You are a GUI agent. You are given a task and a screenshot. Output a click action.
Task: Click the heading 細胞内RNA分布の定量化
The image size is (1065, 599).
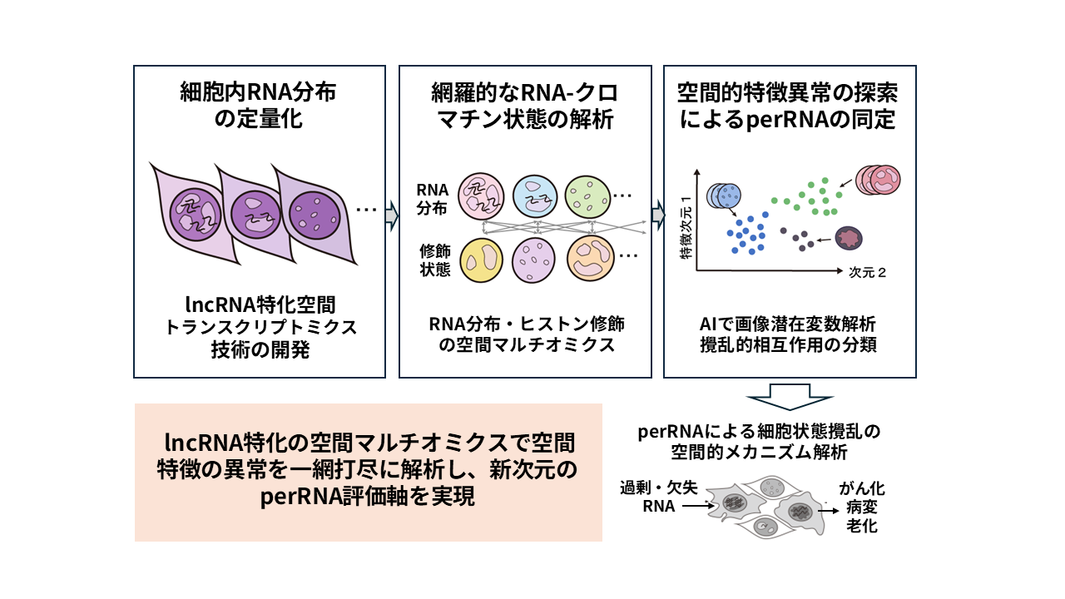click(259, 105)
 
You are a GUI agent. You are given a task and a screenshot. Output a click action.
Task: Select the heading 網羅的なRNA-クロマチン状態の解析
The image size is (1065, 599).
click(524, 105)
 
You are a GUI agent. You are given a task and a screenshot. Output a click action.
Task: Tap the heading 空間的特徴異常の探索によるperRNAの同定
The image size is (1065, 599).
click(788, 105)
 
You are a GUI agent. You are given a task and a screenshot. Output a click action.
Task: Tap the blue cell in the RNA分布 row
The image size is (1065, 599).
click(534, 197)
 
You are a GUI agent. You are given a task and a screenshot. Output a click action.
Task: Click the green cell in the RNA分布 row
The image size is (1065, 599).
click(587, 197)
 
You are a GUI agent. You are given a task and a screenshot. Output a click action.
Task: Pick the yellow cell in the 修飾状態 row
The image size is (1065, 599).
click(482, 259)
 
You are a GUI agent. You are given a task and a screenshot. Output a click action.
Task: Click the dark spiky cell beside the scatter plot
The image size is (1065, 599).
click(850, 240)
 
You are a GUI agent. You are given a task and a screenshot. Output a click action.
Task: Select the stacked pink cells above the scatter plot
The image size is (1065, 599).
click(876, 179)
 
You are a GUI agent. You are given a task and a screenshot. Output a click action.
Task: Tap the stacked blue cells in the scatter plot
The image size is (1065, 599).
click(724, 196)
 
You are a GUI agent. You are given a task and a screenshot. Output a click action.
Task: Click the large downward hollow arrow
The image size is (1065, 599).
click(790, 396)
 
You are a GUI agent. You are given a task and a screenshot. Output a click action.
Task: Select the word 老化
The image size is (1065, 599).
click(860, 526)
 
